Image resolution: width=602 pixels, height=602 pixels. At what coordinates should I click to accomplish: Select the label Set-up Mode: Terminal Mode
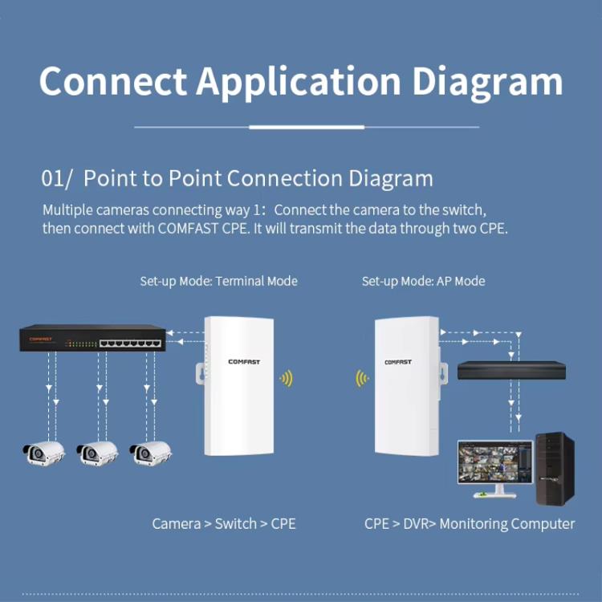coord(218,281)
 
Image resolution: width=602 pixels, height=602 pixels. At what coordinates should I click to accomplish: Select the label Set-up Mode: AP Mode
coord(423,281)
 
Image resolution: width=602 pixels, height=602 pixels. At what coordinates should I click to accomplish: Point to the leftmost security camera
coord(43,453)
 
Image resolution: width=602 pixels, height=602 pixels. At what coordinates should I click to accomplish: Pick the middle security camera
coord(97,453)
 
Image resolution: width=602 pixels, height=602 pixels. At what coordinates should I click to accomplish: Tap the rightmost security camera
coord(150,453)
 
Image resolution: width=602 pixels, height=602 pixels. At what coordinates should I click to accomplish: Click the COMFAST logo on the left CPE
coord(244,362)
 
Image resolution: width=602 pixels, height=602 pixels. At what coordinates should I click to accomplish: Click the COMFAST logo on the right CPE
coord(398,362)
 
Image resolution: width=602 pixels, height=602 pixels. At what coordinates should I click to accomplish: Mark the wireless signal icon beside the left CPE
coord(286,377)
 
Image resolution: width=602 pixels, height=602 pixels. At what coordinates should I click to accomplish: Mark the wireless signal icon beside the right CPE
coord(363,377)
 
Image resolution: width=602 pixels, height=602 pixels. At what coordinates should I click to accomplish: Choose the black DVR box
coord(511,370)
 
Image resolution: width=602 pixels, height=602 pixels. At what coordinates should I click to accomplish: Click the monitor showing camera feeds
coord(494,464)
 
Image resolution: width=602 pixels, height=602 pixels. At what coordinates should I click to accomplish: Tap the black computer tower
coord(555,468)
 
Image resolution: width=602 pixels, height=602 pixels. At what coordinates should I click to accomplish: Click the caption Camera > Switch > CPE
coord(224,524)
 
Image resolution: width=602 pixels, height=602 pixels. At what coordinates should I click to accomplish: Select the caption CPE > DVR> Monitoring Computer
coord(470,524)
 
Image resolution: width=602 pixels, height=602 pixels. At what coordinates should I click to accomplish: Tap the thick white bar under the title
coord(307,127)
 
